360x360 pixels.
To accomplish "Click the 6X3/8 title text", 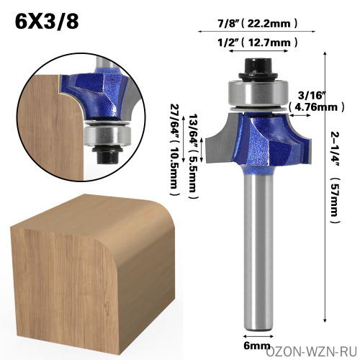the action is coord(47,21).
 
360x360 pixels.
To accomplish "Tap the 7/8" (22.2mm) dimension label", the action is coord(258,23).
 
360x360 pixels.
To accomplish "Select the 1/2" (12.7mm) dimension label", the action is coord(258,42).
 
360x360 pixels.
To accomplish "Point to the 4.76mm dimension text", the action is coord(317,107).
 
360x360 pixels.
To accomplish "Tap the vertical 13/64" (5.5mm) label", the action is coord(194,156).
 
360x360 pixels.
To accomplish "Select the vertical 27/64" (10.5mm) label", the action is coord(176,150).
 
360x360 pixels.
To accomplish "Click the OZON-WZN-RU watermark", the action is coord(312,352).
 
